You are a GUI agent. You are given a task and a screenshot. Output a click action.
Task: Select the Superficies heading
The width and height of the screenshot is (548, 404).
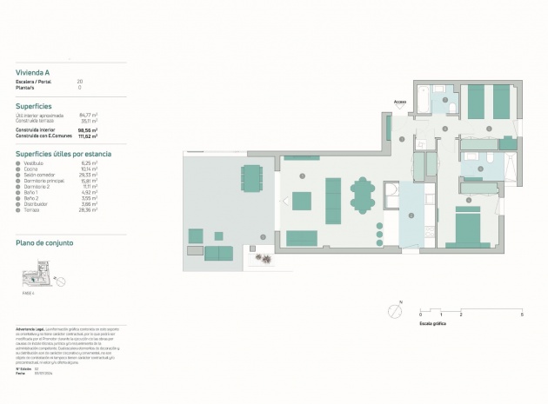pos(34,105)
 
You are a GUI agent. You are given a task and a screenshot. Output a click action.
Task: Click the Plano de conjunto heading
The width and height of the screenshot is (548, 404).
pos(43,243)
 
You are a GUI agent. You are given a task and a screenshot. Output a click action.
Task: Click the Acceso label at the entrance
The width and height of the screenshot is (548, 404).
pos(399,102)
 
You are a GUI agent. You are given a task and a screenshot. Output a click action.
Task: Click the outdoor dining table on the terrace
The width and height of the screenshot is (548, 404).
pos(251,177)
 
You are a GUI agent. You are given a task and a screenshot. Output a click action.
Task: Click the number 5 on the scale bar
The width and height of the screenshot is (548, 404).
pos(522,314)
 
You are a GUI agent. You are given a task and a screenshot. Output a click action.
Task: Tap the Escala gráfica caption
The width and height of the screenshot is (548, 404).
pos(433,322)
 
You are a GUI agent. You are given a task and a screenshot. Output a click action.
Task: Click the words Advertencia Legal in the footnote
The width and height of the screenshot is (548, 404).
pos(30,329)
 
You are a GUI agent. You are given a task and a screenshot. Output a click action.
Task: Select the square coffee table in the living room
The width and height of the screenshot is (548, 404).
pos(302,202)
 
